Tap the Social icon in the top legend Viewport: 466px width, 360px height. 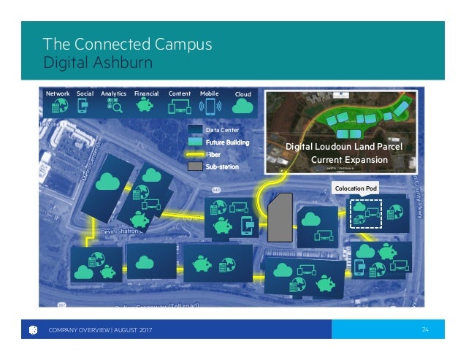[84, 107]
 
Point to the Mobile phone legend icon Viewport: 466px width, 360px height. [210, 107]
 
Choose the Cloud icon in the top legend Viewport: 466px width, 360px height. [242, 107]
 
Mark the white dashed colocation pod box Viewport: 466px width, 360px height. [364, 212]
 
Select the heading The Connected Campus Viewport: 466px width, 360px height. [128, 44]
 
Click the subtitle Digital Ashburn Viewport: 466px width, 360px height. [98, 62]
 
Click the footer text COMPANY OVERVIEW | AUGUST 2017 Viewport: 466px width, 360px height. [102, 330]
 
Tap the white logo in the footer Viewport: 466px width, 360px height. [34, 330]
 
